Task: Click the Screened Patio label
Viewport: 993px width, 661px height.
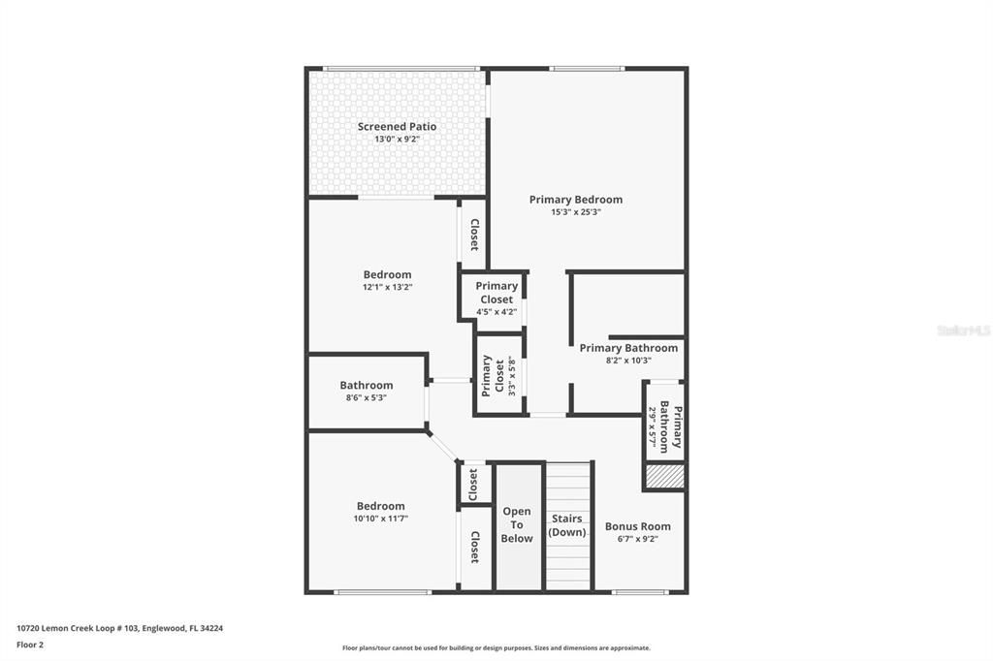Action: (x=397, y=127)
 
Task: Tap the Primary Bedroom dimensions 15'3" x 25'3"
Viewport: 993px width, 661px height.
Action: (x=575, y=212)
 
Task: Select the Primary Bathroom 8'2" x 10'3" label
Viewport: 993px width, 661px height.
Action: (x=628, y=348)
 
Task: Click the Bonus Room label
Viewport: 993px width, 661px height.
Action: (x=637, y=527)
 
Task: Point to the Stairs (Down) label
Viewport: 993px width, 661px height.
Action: (x=567, y=525)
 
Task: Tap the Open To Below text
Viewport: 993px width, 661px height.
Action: (x=517, y=525)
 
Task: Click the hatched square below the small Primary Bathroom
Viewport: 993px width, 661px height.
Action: (x=665, y=476)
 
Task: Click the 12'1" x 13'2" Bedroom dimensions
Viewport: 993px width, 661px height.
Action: (x=387, y=288)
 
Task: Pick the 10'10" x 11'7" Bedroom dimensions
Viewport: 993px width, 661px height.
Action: (x=380, y=519)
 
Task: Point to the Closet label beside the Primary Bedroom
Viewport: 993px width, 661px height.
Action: (x=474, y=235)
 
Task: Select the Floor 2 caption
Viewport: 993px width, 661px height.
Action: (x=30, y=644)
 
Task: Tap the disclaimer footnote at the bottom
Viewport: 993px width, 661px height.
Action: (x=496, y=648)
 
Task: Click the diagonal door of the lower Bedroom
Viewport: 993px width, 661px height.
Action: (x=443, y=446)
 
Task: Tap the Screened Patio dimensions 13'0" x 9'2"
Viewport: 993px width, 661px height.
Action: (x=397, y=140)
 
